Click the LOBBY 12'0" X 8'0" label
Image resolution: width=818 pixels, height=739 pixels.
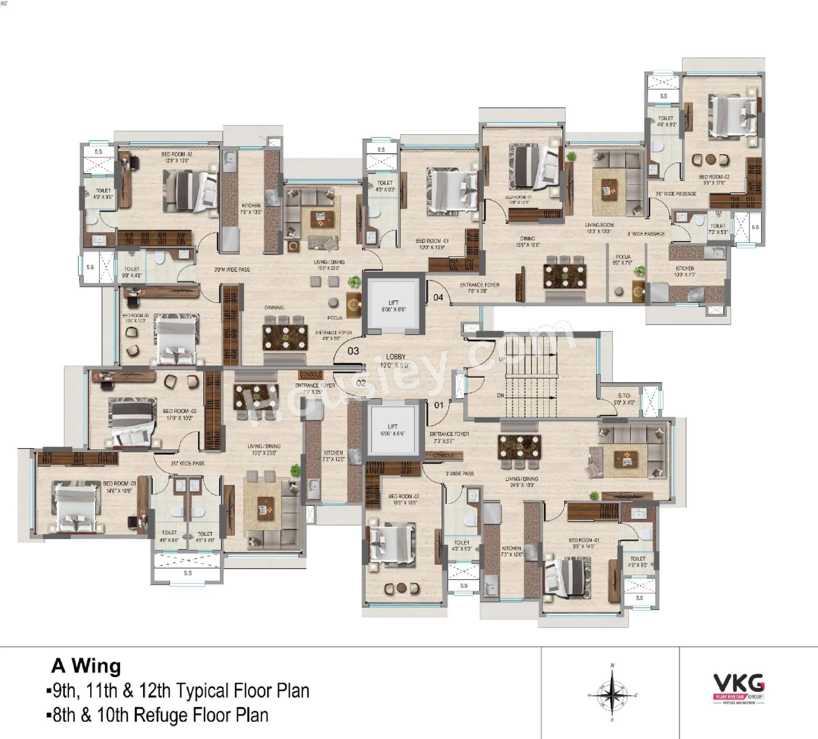(395, 360)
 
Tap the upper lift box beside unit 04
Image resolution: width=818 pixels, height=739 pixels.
(393, 305)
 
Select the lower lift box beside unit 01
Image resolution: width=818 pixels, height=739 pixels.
(392, 430)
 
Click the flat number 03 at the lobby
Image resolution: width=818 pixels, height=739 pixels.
(353, 351)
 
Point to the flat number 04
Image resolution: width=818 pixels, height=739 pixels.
(438, 297)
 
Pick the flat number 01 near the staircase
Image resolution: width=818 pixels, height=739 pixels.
(438, 405)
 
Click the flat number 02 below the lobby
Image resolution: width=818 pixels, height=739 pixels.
(361, 383)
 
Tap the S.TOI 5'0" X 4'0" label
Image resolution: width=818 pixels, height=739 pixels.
(624, 399)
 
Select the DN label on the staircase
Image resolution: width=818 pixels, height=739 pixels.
(500, 395)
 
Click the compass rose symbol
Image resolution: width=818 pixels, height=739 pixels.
(612, 695)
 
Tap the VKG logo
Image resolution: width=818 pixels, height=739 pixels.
(738, 688)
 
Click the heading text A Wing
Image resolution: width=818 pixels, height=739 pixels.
(86, 666)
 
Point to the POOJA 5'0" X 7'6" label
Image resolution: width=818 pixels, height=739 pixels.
(623, 259)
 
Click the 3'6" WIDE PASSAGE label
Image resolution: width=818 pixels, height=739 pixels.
(676, 194)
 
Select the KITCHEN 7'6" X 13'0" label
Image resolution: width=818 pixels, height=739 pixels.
(251, 209)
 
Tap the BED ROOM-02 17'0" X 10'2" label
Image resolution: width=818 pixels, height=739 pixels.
(179, 414)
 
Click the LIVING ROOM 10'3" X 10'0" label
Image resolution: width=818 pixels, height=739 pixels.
(599, 228)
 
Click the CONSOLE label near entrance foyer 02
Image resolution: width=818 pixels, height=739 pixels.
(310, 374)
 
